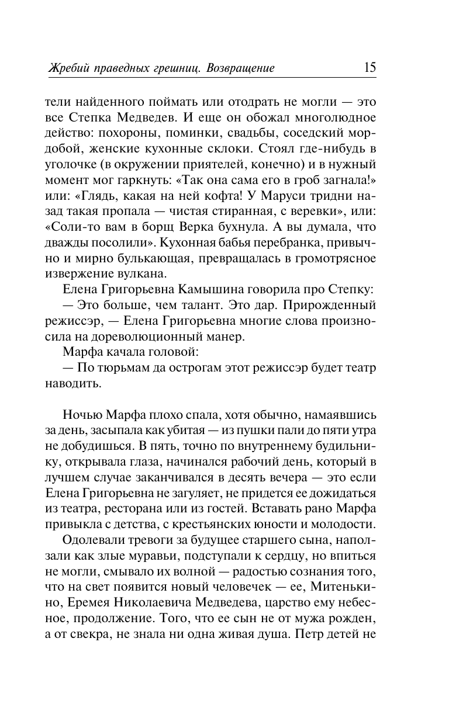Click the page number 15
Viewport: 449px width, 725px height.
[x=369, y=67]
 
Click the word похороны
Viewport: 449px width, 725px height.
[x=127, y=134]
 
